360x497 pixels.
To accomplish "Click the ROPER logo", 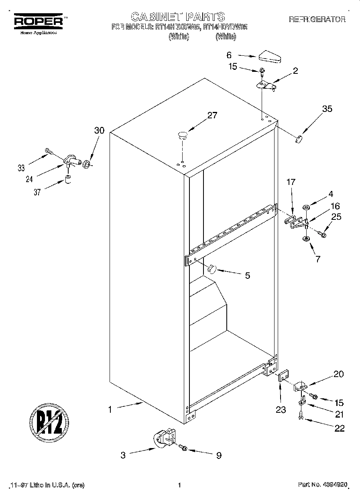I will click(39, 21).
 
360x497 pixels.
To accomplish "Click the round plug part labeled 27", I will click(183, 135).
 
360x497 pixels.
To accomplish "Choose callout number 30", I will click(99, 130).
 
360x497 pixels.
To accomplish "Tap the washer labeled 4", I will click(306, 208).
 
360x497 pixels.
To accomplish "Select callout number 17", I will click(291, 182).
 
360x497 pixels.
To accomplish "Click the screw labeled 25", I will click(322, 233).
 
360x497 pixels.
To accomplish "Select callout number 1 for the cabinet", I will click(109, 410).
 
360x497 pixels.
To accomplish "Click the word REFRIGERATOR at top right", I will click(317, 19).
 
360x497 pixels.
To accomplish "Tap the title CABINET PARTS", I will click(178, 16).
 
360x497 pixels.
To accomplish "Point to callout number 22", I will click(339, 428).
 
